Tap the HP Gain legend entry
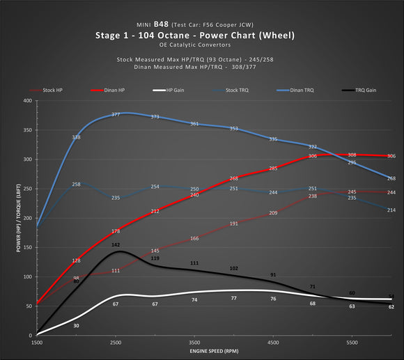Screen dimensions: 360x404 pos(167,90)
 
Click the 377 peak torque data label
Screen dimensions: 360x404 pos(116,114)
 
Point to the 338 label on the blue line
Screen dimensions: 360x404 pos(77,138)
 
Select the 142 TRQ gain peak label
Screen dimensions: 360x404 pos(116,245)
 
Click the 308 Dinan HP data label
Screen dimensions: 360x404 pos(352,155)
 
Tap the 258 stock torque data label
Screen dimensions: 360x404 pos(77,185)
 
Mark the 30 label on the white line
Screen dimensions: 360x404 pos(76,325)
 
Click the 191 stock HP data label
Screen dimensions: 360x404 pos(234,224)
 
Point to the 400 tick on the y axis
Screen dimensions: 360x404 pos(26,100)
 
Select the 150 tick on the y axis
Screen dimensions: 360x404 pos(26,247)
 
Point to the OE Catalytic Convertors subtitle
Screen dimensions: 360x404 pos(202,45)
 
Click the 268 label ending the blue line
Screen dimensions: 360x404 pos(391,178)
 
